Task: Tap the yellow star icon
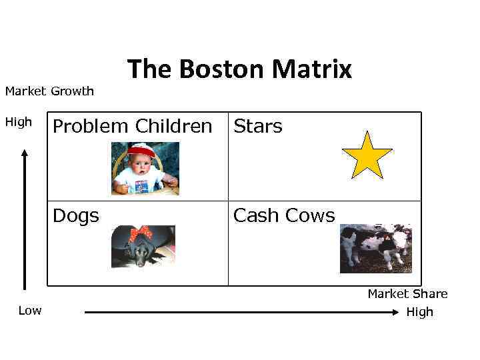coord(367,155)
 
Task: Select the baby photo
coord(145,169)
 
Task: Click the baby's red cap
coord(141,151)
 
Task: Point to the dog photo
coord(143,246)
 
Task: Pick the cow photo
coord(375,248)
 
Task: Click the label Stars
coord(257,126)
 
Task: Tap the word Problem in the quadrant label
coord(91,126)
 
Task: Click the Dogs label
coord(76,215)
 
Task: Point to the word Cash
coord(255,215)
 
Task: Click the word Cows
coord(310,215)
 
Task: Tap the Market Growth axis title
coord(49,91)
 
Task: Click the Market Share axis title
coord(407,294)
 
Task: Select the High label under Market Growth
coord(19,122)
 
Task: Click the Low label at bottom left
coord(30,311)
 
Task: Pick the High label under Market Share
coord(419,311)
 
